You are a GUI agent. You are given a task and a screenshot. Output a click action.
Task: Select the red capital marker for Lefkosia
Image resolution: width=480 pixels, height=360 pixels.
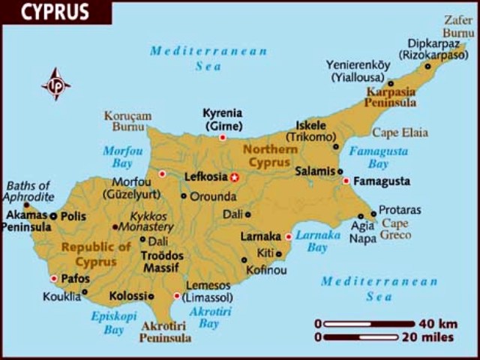point(234,177)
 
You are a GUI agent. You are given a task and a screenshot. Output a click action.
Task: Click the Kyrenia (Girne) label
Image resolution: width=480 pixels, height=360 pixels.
point(222,119)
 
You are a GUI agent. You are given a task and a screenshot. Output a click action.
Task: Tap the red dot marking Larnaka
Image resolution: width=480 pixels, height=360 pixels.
point(289,236)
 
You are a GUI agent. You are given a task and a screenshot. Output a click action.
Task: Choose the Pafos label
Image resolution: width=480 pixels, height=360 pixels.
point(74,277)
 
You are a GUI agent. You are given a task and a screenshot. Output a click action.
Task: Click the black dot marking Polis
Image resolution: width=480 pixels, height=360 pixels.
point(53,216)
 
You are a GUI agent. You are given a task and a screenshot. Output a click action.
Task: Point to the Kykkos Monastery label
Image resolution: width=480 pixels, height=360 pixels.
point(147,220)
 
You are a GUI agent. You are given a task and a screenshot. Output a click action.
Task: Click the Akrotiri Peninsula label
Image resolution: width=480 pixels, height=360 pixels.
point(165,331)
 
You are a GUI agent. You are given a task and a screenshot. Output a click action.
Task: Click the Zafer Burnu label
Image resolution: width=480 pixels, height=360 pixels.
point(458,27)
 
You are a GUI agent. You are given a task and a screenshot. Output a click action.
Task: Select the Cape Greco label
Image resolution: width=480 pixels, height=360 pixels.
point(397,229)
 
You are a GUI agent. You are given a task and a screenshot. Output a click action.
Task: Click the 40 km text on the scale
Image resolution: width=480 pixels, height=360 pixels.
point(427,323)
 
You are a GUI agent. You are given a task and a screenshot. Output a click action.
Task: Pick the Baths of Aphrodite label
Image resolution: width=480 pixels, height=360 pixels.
point(28,191)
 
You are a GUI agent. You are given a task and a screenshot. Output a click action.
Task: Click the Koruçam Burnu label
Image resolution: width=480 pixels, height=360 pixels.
point(127,121)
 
